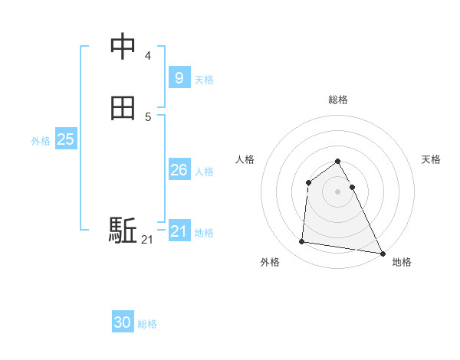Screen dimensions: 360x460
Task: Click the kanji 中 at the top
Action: (x=123, y=47)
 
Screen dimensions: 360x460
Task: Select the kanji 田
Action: (x=123, y=109)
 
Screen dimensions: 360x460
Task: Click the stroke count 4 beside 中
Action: (x=148, y=55)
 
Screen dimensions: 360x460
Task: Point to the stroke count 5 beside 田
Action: (x=148, y=116)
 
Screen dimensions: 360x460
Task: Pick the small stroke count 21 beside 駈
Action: (x=147, y=240)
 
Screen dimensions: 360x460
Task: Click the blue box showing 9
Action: (x=179, y=77)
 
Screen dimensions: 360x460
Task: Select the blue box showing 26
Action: (x=179, y=170)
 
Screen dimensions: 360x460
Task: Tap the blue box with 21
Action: (x=179, y=231)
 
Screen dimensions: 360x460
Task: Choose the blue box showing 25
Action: (x=66, y=139)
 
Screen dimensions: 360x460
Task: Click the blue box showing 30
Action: (x=123, y=322)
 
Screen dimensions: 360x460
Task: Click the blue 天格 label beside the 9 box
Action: (x=204, y=80)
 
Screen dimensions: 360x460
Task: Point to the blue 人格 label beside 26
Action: (x=204, y=172)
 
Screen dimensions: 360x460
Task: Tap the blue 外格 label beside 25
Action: (x=41, y=141)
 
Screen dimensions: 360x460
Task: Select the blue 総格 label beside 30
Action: (x=147, y=324)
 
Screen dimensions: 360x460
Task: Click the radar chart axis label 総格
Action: (x=338, y=100)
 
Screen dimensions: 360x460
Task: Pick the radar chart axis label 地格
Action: (x=402, y=262)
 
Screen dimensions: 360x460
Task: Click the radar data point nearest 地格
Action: (x=383, y=253)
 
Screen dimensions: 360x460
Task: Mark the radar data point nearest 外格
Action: (x=302, y=242)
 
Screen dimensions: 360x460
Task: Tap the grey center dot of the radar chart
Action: (x=338, y=191)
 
